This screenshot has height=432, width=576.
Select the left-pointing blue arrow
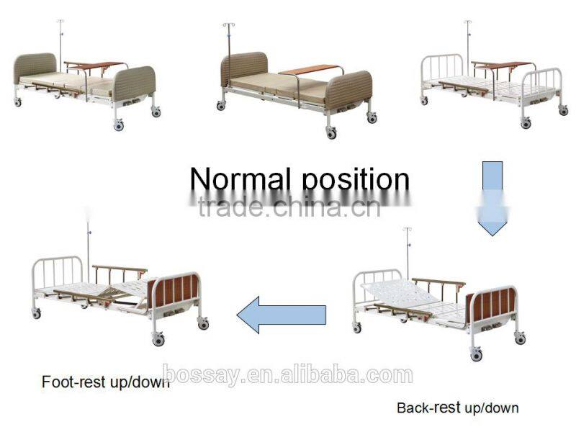pyautogui.click(x=282, y=315)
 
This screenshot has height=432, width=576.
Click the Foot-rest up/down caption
pyautogui.click(x=105, y=382)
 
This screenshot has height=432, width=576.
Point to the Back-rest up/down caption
pyautogui.click(x=457, y=408)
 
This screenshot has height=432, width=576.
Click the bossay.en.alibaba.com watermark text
pyautogui.click(x=288, y=375)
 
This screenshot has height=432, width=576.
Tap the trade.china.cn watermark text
pyautogui.click(x=288, y=208)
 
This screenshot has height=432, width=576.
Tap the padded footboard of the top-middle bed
pyautogui.click(x=348, y=90)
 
